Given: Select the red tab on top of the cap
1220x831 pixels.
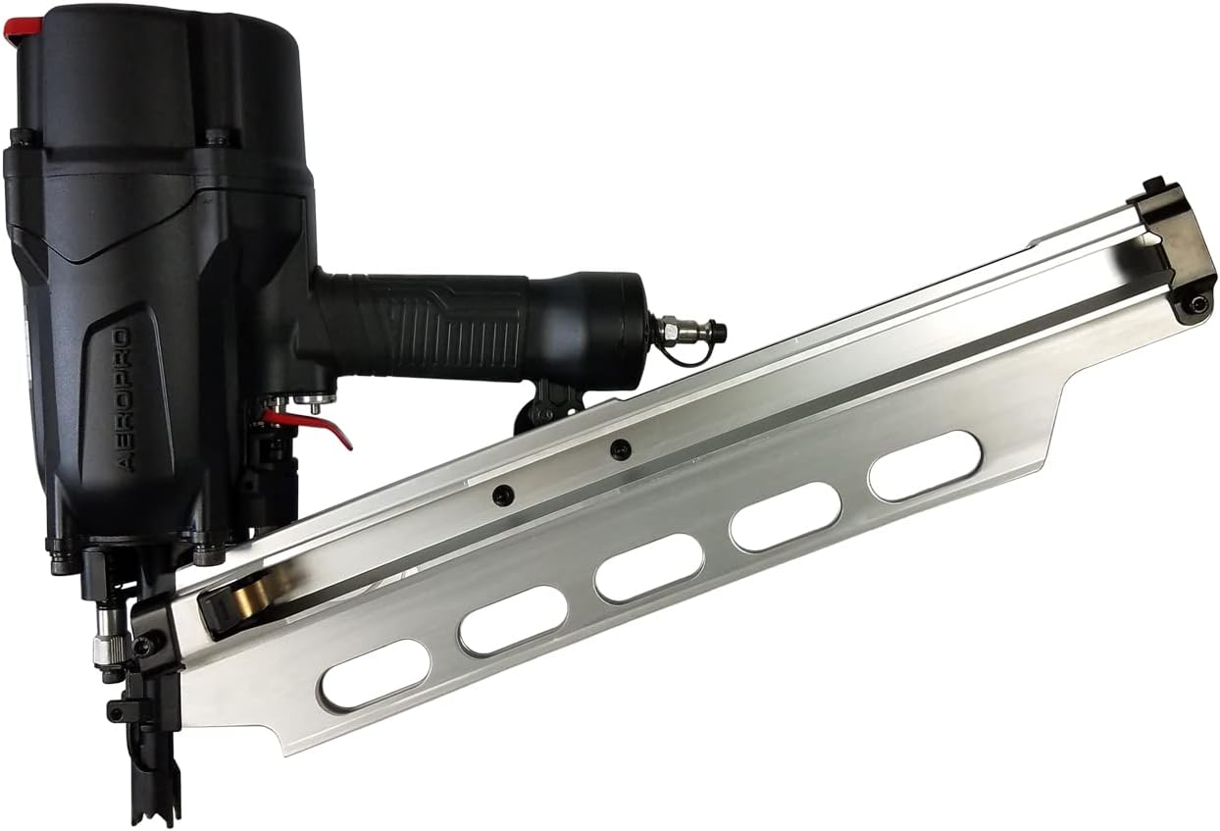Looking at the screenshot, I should click(21, 28).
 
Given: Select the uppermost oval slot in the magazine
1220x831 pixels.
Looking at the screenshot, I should click(924, 465).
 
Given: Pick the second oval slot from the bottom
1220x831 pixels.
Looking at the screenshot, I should click(513, 620).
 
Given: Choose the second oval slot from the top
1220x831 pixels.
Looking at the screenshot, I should click(785, 516).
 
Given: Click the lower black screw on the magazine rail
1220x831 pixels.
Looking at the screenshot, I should click(503, 495).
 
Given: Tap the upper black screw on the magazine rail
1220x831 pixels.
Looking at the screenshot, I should click(619, 450).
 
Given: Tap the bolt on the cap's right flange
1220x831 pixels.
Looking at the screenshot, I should click(218, 138).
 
